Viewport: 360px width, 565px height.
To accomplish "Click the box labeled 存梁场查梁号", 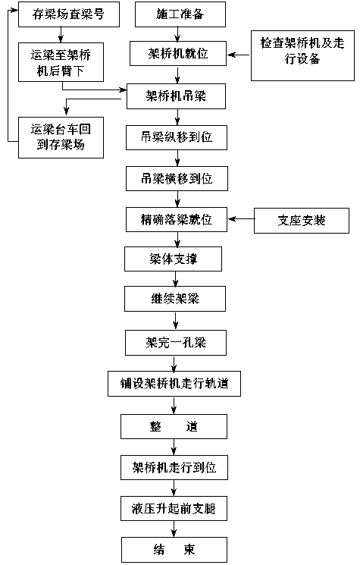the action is [69, 14].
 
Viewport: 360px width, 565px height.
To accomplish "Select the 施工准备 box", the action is [180, 14].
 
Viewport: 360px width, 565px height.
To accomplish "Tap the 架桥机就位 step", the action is [178, 53].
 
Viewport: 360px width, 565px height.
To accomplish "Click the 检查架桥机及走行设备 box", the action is [302, 55].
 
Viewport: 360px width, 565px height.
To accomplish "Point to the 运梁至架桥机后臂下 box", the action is [61, 62].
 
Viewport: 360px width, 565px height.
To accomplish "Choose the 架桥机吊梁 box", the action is [176, 96].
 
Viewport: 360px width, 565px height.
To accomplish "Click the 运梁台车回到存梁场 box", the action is [61, 137].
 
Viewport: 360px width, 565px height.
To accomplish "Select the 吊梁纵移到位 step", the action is [177, 137].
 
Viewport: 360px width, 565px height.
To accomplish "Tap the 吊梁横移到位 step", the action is [177, 178].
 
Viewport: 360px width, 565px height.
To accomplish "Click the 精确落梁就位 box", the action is [177, 219].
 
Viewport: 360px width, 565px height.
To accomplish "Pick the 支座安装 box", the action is [302, 221].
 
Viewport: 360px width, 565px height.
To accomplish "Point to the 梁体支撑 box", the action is [173, 259].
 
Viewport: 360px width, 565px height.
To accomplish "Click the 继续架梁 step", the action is [175, 299].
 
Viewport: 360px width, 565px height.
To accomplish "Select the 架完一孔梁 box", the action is [176, 342].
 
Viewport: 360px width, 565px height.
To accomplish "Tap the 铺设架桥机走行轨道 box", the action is [174, 384].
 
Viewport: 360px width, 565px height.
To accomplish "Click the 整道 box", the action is [174, 426].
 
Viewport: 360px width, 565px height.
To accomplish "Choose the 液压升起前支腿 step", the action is [174, 508].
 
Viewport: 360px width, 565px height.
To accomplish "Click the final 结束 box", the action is [174, 550].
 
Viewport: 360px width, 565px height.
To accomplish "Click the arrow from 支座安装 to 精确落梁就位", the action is [241, 218].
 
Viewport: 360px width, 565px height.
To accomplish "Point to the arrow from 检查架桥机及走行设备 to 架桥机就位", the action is [239, 55].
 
